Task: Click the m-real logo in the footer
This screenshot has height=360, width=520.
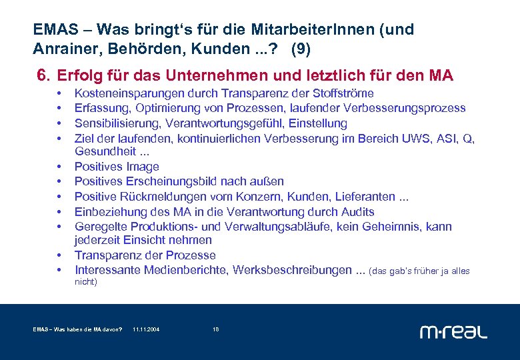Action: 453,331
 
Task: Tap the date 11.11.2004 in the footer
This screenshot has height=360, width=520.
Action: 146,330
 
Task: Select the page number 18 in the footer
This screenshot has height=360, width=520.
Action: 215,330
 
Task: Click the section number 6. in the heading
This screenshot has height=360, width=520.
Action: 45,76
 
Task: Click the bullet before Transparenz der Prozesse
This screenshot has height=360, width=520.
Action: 59,256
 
